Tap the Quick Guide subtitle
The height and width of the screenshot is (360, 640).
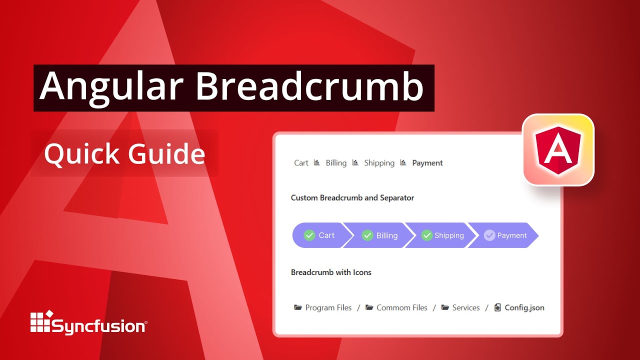coord(124,153)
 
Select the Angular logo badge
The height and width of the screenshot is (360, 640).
coord(558,149)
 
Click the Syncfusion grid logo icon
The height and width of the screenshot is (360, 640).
coord(41,322)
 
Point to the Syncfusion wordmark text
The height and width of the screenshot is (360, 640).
coord(99,326)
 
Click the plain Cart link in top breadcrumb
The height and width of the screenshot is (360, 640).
coord(301,163)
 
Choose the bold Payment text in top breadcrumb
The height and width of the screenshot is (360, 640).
coord(427,163)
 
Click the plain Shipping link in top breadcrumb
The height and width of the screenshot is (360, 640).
coord(379,163)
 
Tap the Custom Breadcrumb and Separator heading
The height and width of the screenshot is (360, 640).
coord(352,197)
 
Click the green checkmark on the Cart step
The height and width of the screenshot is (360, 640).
coord(309,235)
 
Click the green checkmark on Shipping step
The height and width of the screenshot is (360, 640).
coord(426,235)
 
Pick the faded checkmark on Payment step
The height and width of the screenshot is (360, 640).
coord(489,235)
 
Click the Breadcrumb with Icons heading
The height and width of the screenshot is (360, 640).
coord(331,272)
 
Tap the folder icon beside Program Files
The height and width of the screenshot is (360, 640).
coord(298,307)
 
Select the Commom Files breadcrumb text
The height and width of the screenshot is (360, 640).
coord(401,308)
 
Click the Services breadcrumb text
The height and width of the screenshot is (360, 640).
coord(465,308)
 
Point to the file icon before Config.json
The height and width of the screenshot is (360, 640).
coord(497,307)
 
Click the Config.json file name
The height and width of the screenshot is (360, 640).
coord(524,308)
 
